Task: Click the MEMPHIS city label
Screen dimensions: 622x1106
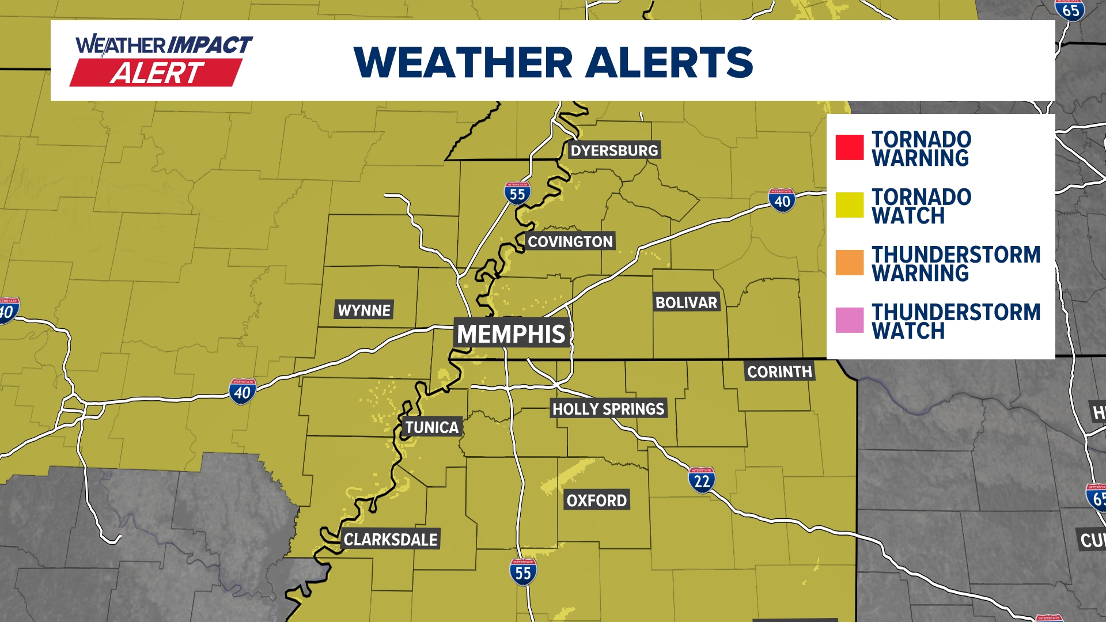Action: click(511, 334)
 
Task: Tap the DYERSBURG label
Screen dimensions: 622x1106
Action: click(614, 150)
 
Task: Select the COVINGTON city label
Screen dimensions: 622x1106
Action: click(570, 241)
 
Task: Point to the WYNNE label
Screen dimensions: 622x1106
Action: click(364, 310)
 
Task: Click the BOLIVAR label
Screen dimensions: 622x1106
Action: click(686, 302)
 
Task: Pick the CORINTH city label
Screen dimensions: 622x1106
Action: click(779, 371)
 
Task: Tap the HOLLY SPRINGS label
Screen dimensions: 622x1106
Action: click(608, 409)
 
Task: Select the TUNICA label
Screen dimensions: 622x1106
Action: click(432, 427)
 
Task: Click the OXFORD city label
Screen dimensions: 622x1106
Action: click(596, 500)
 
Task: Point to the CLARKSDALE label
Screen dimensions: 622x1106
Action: click(391, 540)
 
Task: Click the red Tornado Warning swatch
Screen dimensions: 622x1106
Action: click(850, 147)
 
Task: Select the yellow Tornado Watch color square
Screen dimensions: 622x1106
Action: click(850, 205)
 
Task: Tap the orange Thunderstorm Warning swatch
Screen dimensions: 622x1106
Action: click(850, 263)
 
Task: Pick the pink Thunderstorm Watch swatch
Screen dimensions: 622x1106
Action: click(850, 320)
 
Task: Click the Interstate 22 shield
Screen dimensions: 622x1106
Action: click(702, 480)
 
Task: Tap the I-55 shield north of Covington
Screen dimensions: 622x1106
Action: click(517, 194)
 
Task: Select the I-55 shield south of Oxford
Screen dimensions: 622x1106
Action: click(523, 572)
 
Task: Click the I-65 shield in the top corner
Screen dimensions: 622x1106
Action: click(1070, 10)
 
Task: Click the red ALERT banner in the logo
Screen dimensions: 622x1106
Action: click(156, 73)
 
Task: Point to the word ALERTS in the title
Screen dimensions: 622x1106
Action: click(669, 62)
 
